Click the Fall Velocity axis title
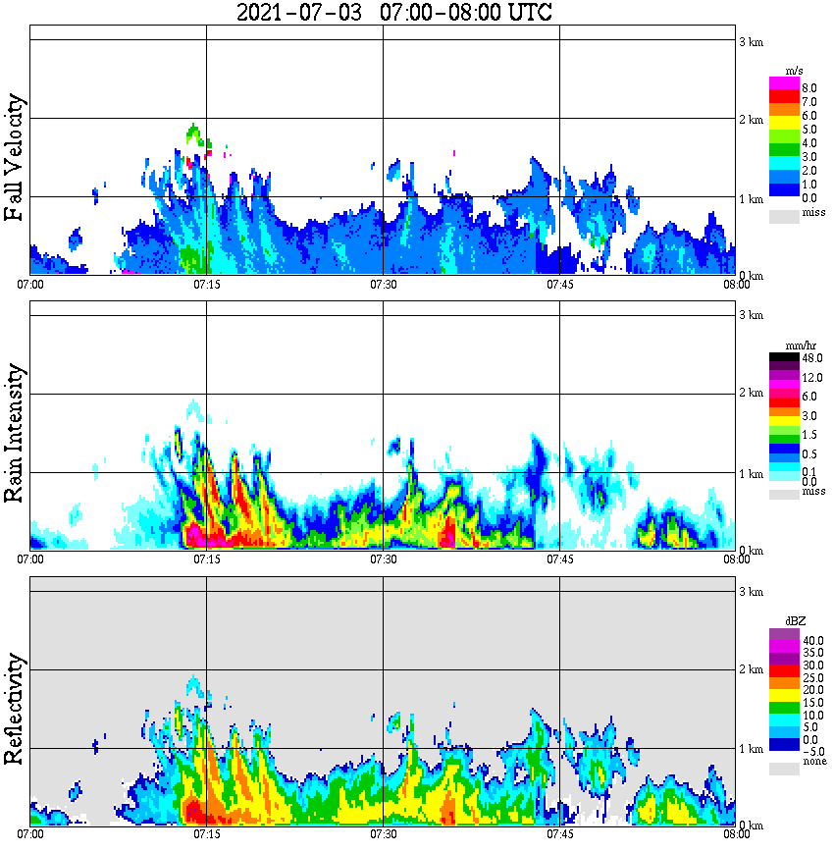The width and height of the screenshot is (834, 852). [x=14, y=158]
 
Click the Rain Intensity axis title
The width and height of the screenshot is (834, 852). [x=14, y=433]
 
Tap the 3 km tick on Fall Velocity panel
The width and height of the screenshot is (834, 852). [x=751, y=40]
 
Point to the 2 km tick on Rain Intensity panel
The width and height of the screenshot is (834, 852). [x=751, y=394]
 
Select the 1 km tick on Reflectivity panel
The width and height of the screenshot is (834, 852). [x=751, y=748]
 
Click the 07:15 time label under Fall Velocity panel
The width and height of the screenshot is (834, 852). [x=206, y=285]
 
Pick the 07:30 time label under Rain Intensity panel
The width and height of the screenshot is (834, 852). [x=383, y=559]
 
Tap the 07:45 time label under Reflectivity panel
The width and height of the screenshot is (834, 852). [x=559, y=834]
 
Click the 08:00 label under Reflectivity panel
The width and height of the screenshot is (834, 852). [x=736, y=834]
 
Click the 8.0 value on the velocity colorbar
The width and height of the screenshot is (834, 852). [x=809, y=87]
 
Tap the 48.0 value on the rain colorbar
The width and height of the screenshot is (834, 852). [x=811, y=359]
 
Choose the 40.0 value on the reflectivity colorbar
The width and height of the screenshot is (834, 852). [x=811, y=639]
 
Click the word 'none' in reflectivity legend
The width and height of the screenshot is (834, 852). [x=814, y=762]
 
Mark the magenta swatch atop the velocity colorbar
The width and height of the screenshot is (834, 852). [x=784, y=82]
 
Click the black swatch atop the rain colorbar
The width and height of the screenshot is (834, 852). [x=784, y=357]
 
